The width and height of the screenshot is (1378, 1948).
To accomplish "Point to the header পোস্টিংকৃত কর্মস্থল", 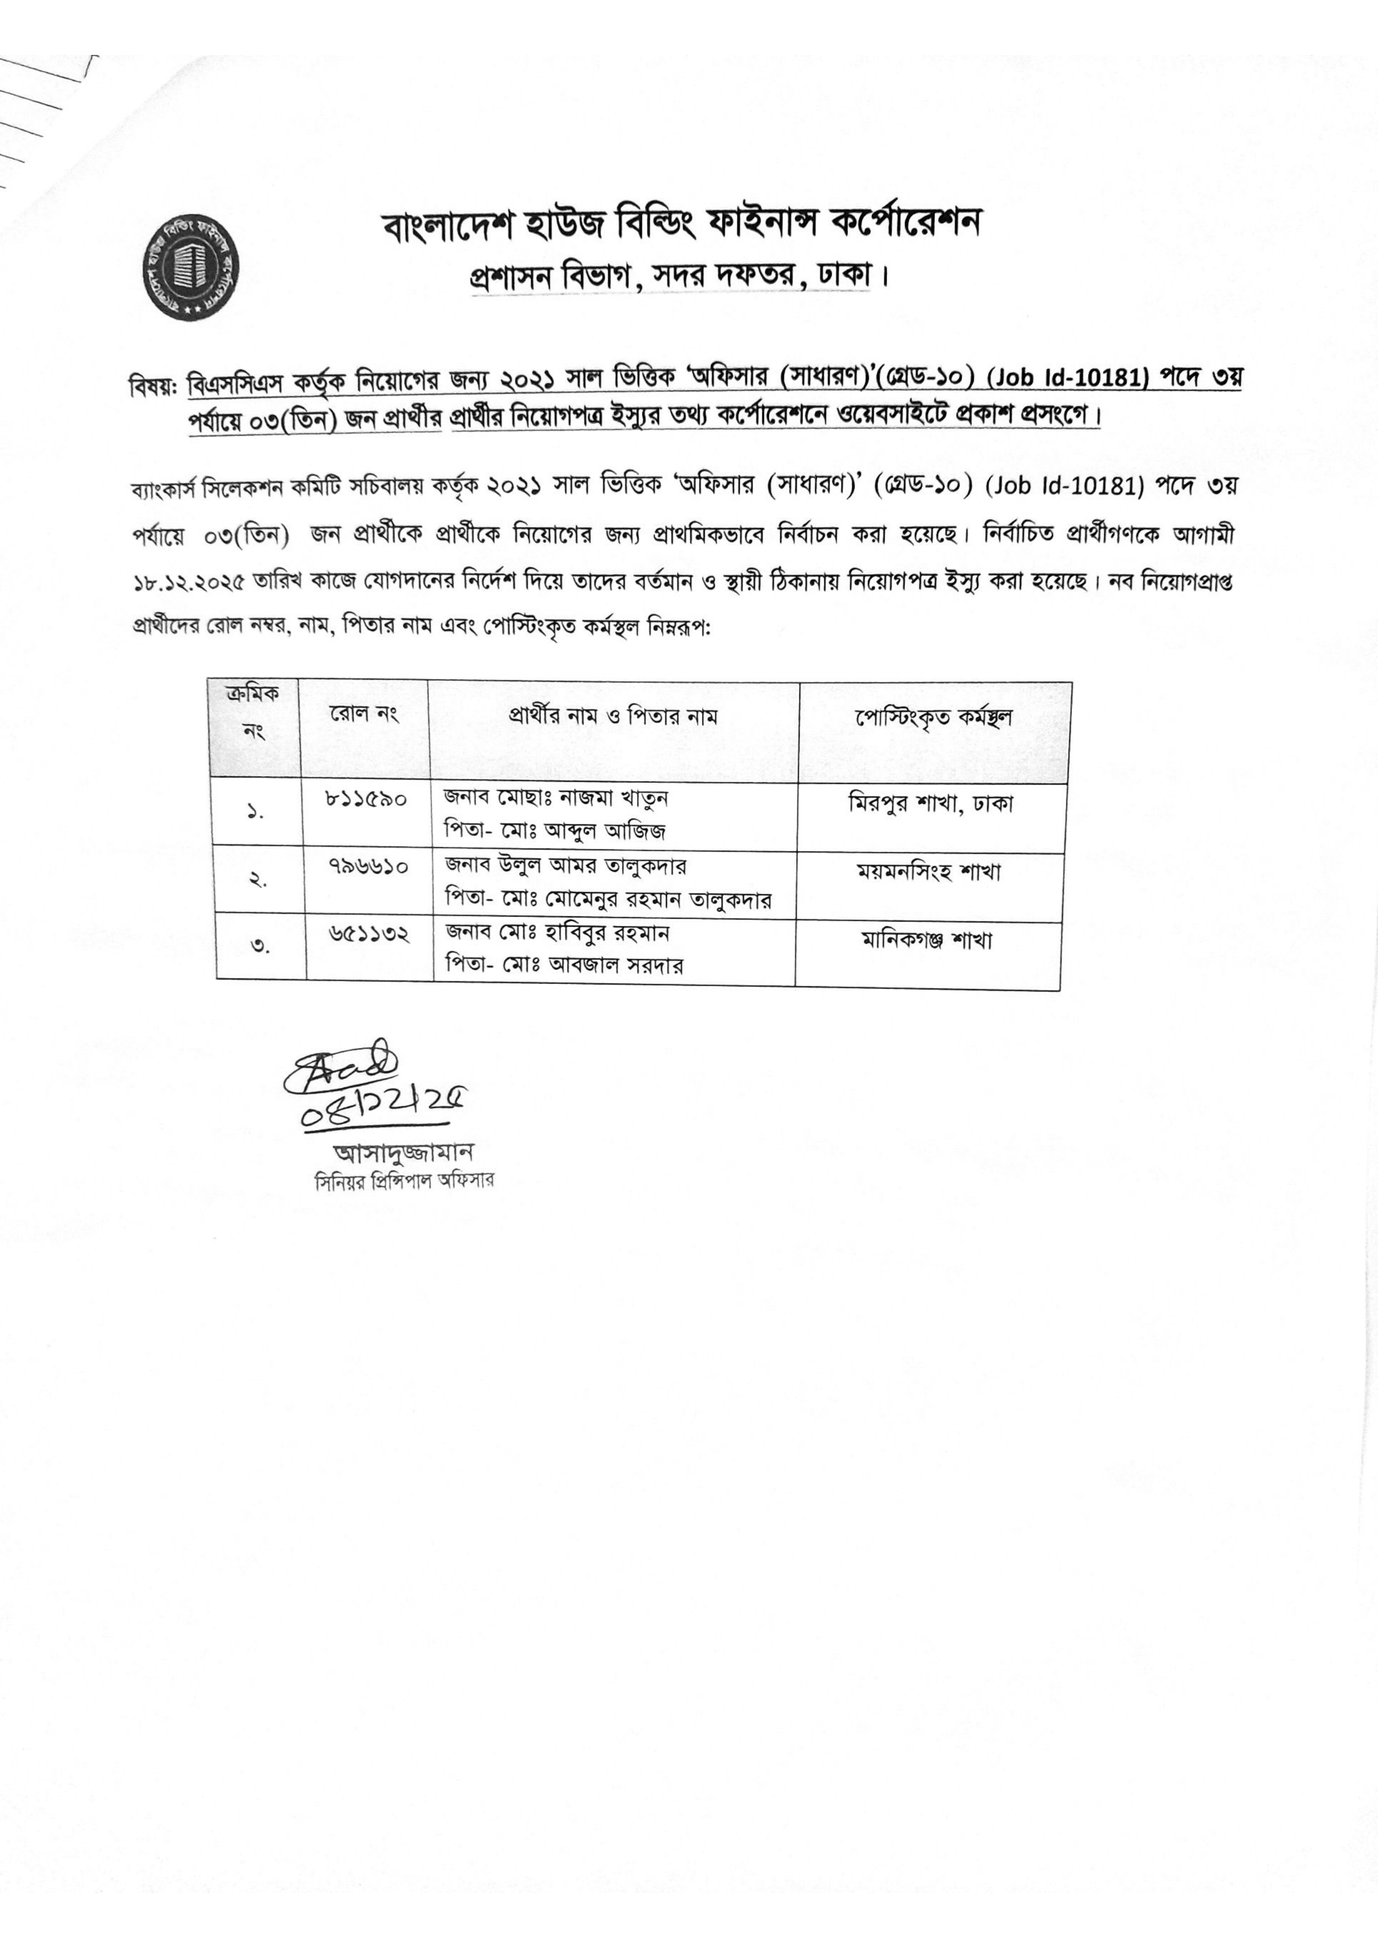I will click(x=933, y=718).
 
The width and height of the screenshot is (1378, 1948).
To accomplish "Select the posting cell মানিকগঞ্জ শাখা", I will click(x=926, y=940).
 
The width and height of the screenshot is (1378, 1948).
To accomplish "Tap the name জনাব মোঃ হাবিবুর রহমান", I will click(x=558, y=932).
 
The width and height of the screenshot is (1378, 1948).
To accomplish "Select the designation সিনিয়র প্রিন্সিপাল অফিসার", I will click(x=404, y=1180).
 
